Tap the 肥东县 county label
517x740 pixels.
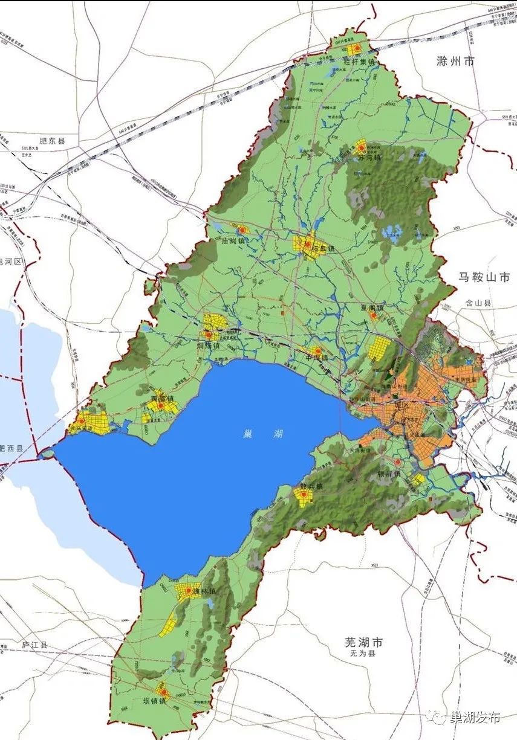pos(52,141)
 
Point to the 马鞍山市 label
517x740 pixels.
pos(485,277)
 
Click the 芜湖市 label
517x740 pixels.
pos(362,642)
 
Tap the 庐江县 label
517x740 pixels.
pos(34,645)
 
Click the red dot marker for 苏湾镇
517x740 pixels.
pos(362,146)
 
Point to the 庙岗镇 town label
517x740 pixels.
pos(232,240)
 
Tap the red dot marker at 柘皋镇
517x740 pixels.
pos(308,245)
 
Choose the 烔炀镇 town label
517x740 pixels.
pos(208,346)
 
